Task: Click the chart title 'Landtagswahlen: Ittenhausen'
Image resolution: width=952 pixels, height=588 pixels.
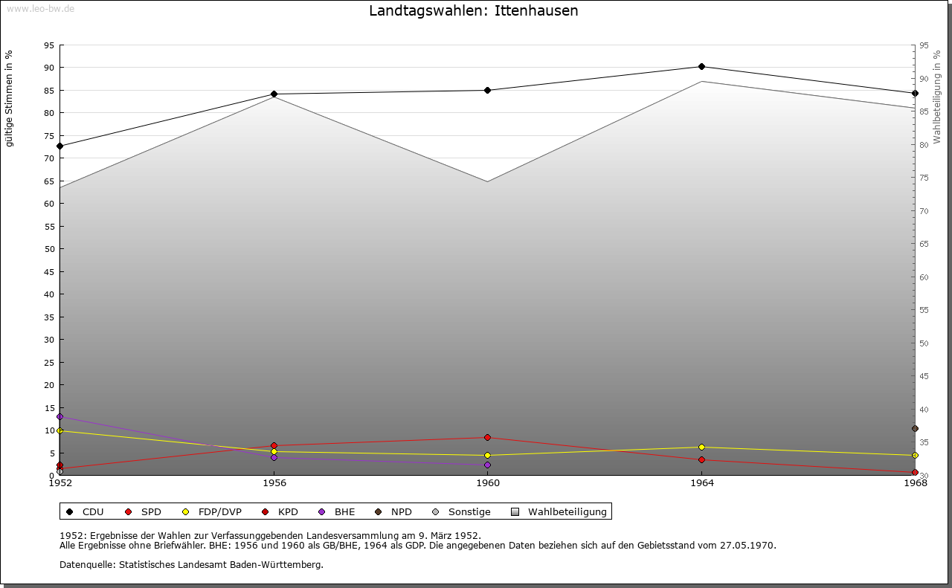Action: [473, 11]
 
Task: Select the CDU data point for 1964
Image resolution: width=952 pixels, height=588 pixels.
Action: [701, 67]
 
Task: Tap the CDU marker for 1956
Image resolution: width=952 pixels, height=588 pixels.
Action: [274, 94]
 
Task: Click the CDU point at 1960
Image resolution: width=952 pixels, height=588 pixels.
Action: [487, 91]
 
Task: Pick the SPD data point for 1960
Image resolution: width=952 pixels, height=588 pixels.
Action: [487, 438]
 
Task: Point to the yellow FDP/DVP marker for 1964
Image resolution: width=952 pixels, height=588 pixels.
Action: [701, 448]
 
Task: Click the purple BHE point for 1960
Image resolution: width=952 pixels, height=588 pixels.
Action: [487, 465]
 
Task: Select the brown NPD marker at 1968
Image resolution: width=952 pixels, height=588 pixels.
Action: [915, 429]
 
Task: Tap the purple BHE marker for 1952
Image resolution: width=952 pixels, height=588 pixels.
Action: [59, 417]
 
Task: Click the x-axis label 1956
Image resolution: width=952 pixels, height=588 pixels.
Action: [274, 483]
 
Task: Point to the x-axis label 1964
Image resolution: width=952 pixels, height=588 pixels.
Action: [701, 483]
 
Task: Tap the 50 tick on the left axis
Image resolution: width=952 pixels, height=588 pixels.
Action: [48, 249]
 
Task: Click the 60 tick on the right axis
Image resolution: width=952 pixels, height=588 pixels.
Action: [923, 277]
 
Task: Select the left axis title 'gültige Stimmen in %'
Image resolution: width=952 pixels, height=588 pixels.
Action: [10, 99]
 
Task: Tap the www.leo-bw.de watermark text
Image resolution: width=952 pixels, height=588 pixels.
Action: [39, 8]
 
